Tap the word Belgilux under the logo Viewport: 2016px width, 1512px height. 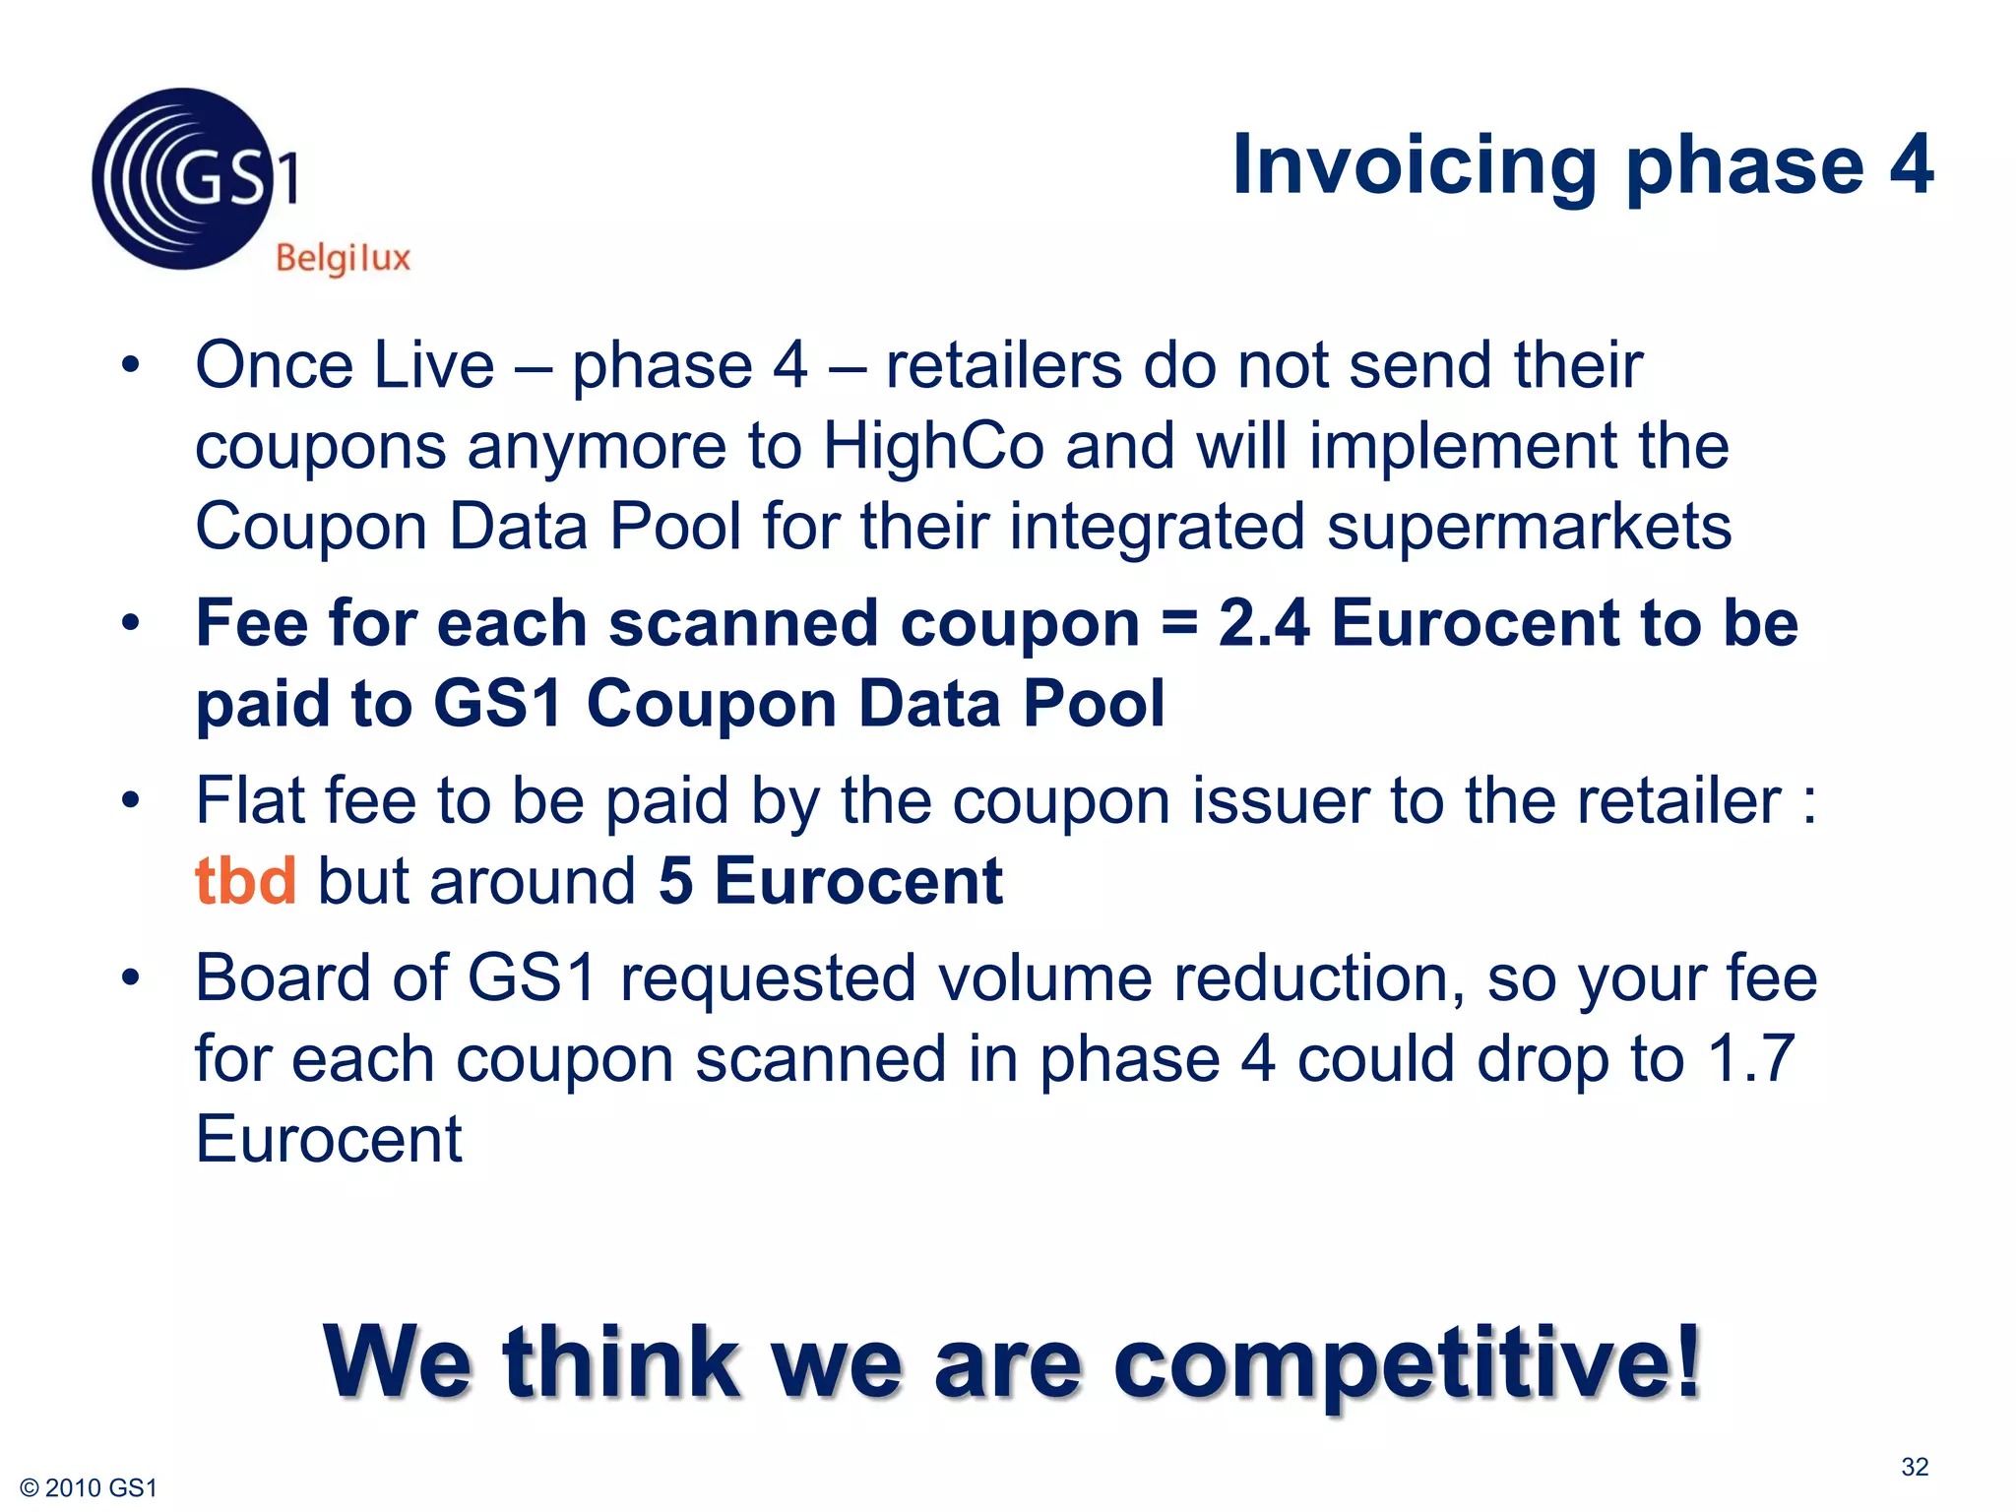343,258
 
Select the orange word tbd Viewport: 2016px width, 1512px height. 245,880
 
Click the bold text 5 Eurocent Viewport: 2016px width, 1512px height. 830,880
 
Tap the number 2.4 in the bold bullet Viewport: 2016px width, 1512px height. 1263,623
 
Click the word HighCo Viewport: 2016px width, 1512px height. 933,446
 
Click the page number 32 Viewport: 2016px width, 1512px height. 1914,1467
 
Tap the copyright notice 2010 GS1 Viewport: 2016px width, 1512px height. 90,1487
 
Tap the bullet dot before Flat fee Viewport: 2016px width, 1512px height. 131,800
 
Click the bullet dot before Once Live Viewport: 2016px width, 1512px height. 131,366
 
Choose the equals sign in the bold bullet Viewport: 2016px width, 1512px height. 1177,625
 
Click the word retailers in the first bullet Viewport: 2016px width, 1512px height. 1003,366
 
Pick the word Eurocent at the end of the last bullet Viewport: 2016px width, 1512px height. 328,1140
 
